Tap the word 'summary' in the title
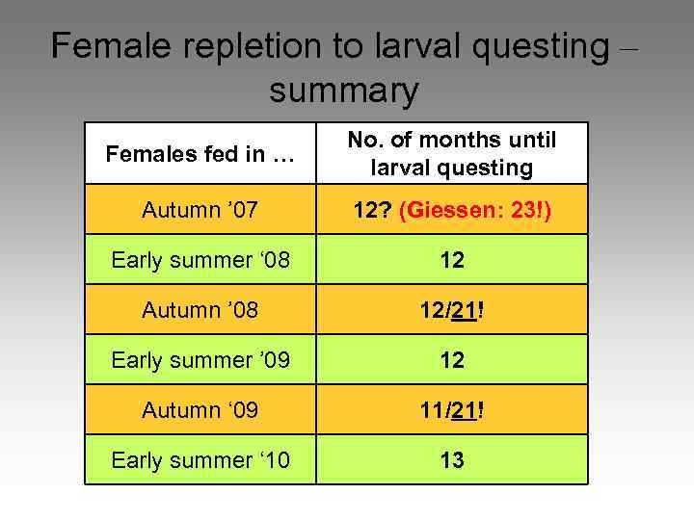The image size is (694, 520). pyautogui.click(x=344, y=91)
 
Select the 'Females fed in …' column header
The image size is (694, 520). pyautogui.click(x=200, y=153)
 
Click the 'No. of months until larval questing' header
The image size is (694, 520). pyautogui.click(x=452, y=153)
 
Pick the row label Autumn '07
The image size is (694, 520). pyautogui.click(x=200, y=209)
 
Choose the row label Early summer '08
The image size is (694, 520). pyautogui.click(x=200, y=259)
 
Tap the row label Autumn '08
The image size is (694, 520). pyautogui.click(x=200, y=310)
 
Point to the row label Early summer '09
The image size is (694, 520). pyautogui.click(x=200, y=360)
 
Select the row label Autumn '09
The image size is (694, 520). pyautogui.click(x=200, y=410)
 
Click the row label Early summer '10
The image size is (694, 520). pyautogui.click(x=200, y=460)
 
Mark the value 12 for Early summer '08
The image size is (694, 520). pyautogui.click(x=452, y=260)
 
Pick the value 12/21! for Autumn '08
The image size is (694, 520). pyautogui.click(x=452, y=310)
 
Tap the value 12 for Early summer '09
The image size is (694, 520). pyautogui.click(x=452, y=360)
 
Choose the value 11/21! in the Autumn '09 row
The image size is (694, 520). pyautogui.click(x=452, y=410)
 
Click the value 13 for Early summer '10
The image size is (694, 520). pyautogui.click(x=452, y=460)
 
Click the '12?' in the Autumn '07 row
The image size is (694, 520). pyautogui.click(x=370, y=210)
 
